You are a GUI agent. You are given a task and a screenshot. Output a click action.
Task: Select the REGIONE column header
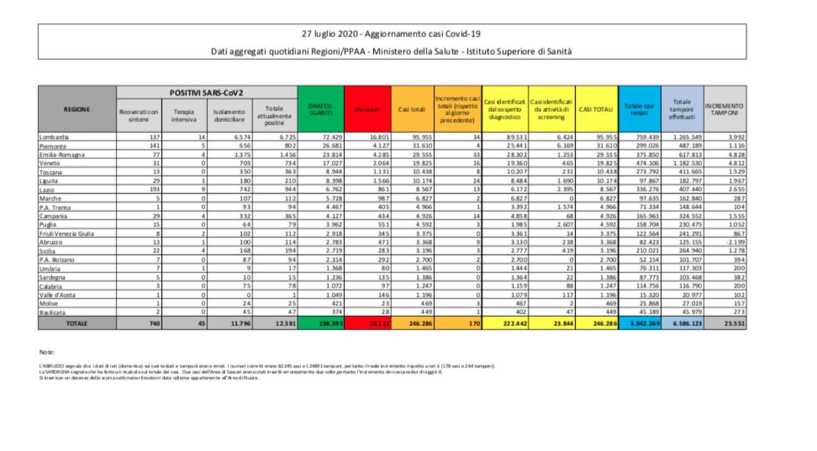pyautogui.click(x=77, y=109)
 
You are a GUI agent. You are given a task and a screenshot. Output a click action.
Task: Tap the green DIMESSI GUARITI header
pyautogui.click(x=320, y=109)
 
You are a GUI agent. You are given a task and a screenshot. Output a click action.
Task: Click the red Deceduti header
pyautogui.click(x=367, y=109)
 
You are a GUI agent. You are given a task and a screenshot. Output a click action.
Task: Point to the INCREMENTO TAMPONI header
pyautogui.click(x=725, y=109)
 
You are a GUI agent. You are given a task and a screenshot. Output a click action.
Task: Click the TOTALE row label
pyautogui.click(x=77, y=323)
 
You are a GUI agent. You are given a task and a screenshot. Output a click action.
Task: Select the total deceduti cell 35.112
pyautogui.click(x=367, y=323)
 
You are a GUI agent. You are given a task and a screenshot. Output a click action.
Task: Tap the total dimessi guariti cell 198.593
pyautogui.click(x=320, y=323)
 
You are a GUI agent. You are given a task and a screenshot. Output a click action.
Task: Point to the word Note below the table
pyautogui.click(x=47, y=352)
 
